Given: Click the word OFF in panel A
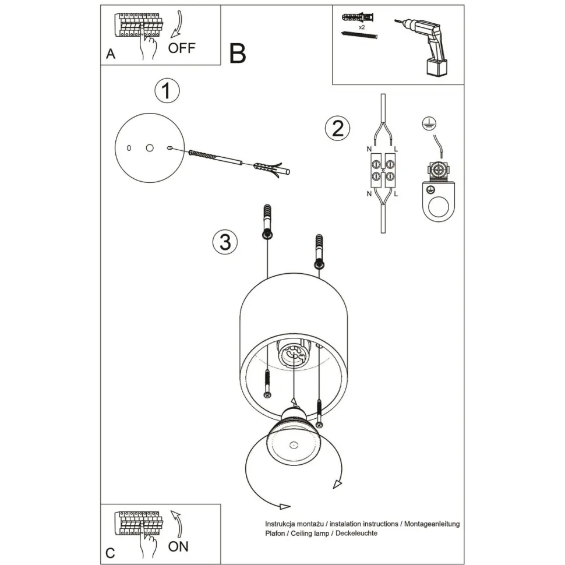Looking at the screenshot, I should coord(182,48).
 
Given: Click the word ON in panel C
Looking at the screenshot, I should coord(178,546).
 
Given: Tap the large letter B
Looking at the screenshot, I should coord(238,53).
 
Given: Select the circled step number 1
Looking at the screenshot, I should coord(167,91).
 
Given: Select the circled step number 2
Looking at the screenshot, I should coord(337,128).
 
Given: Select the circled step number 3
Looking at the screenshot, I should coord(225,241).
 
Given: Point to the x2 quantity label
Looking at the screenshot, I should coord(362,27).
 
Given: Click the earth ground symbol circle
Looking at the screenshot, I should coord(429,122).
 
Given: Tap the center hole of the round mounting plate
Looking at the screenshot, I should coord(150,149).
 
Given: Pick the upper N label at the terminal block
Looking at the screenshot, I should coord(369,150).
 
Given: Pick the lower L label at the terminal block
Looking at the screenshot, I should coord(396,193).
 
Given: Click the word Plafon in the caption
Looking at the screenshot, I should coord(276,533).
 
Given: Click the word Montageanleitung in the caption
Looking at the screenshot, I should coord(431,524).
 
